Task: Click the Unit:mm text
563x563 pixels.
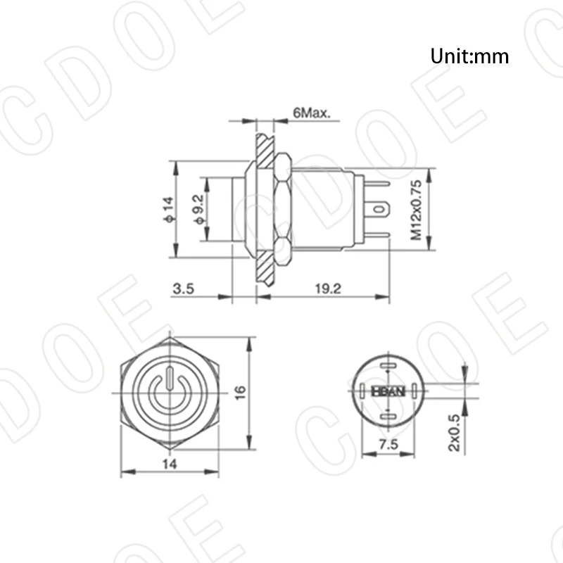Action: coord(469,56)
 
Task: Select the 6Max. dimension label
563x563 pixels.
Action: coord(312,113)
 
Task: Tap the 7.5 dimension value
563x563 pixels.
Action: coord(385,443)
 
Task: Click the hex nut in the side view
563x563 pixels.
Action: coord(281,210)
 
